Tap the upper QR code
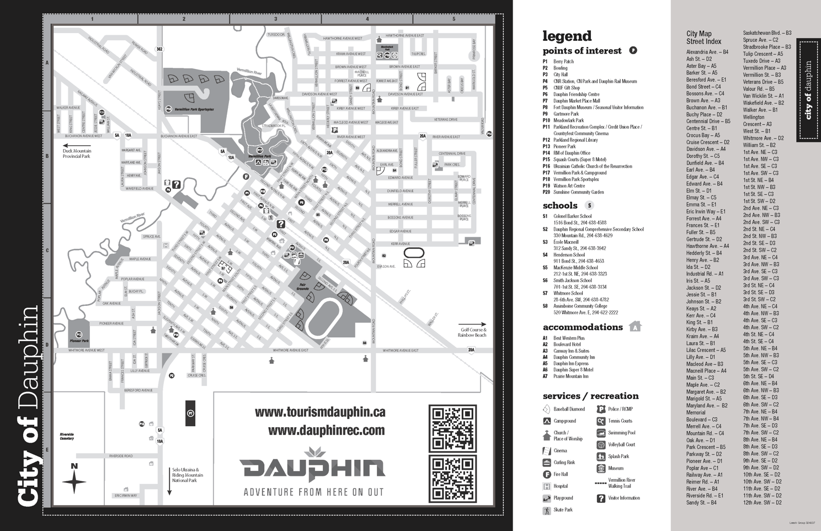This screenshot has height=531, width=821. point(452,428)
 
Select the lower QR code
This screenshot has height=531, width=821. point(452,480)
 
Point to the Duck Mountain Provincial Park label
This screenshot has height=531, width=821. point(77,153)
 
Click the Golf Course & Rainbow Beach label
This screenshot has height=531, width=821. point(473,332)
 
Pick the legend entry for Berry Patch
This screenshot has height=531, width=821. point(563,62)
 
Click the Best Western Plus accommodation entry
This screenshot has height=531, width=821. point(569,338)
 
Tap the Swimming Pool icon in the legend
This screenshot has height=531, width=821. point(601,433)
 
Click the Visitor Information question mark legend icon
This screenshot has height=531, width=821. point(601,498)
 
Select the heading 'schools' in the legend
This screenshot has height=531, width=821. point(560,205)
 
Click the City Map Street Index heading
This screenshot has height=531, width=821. point(703,38)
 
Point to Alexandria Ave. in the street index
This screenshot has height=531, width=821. point(707,52)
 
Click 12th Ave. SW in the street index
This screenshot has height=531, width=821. point(762,503)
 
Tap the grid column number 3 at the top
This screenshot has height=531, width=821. point(275,19)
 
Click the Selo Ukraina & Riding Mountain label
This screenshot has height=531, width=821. point(188,475)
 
